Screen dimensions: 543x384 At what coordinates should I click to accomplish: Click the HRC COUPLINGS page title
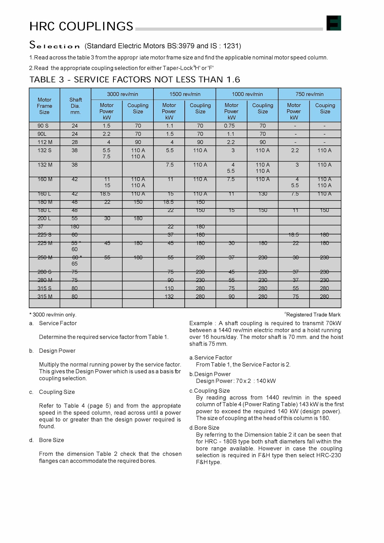(x=81, y=26)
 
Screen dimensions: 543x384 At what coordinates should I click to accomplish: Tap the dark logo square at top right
(x=333, y=23)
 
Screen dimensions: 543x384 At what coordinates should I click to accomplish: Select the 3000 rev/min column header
(x=122, y=94)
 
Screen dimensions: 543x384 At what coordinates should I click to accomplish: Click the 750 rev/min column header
(x=309, y=94)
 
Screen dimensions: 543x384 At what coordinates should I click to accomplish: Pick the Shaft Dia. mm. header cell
(x=75, y=106)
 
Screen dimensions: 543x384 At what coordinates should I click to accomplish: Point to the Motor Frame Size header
(x=44, y=106)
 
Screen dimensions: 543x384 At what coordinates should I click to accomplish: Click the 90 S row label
(x=43, y=126)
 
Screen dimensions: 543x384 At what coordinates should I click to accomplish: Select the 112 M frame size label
(x=44, y=142)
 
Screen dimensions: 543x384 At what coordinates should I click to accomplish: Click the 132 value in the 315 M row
(x=169, y=296)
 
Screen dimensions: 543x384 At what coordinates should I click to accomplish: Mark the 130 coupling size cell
(x=262, y=194)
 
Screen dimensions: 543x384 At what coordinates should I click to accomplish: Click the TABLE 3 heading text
(x=134, y=79)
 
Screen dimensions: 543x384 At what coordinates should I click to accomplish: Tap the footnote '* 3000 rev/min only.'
(x=53, y=315)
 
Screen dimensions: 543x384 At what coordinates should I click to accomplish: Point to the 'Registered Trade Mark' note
(x=313, y=315)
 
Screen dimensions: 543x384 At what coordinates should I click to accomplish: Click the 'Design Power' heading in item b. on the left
(x=57, y=351)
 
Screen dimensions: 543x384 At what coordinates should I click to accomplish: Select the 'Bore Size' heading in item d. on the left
(x=51, y=440)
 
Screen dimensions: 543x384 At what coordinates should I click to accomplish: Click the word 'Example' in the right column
(x=200, y=323)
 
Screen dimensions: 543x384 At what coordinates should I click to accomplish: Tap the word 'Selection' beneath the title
(x=54, y=45)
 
